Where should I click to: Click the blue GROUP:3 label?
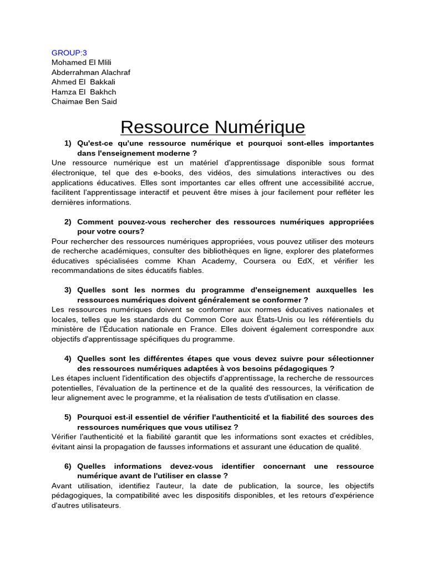point(69,53)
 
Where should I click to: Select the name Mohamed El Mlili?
point(82,63)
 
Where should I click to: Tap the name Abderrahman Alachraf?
point(91,72)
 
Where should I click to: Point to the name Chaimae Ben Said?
point(84,102)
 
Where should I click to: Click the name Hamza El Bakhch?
point(84,92)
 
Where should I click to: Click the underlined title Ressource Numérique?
point(212,127)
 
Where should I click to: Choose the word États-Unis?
point(262,319)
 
